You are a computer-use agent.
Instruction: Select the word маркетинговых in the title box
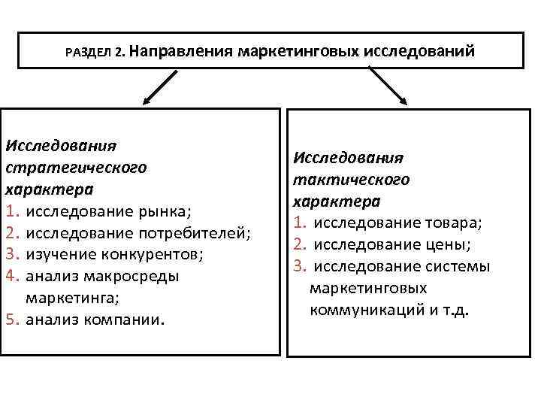(x=298, y=51)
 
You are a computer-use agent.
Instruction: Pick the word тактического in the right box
(x=351, y=180)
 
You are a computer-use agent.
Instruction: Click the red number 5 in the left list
(x=13, y=320)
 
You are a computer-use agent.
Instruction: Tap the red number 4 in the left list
(x=13, y=276)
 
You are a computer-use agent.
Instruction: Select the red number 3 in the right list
(x=300, y=266)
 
